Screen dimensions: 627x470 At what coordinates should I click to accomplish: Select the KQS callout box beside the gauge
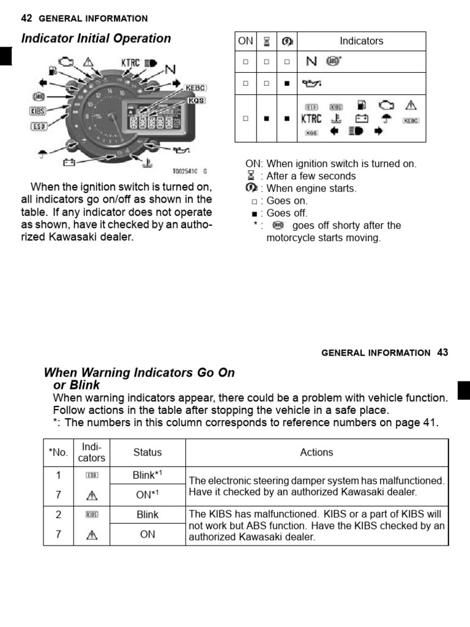point(196,100)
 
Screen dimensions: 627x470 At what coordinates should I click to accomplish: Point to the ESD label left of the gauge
point(38,127)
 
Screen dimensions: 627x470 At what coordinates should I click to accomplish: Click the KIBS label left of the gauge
point(38,111)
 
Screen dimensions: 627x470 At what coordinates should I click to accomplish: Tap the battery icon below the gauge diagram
point(69,162)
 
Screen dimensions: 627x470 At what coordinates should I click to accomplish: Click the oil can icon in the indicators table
point(311,83)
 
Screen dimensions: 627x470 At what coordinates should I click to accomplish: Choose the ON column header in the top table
point(245,41)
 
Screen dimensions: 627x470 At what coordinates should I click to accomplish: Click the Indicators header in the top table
point(361,41)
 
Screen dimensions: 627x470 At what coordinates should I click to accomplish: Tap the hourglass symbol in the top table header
point(266,41)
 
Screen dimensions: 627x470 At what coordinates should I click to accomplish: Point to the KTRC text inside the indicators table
point(311,118)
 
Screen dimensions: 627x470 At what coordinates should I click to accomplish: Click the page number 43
point(442,352)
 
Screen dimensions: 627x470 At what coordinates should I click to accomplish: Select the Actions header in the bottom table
point(316,452)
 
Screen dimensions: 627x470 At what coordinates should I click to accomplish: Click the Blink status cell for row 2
point(147,514)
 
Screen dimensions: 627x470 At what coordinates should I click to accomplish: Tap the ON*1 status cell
point(147,495)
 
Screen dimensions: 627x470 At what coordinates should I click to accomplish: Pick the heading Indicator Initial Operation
point(96,39)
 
